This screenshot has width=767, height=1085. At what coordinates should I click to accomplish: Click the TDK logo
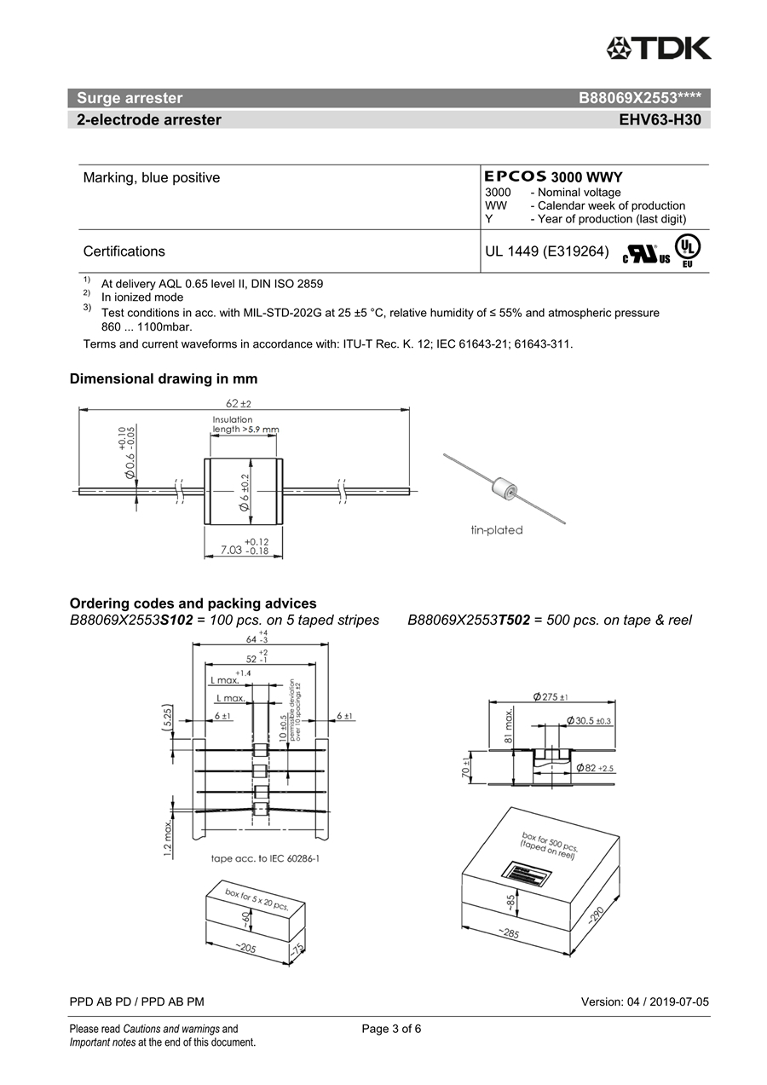click(x=658, y=48)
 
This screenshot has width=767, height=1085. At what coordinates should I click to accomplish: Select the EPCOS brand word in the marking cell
click(x=516, y=176)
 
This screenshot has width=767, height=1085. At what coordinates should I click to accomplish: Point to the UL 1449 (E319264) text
click(x=546, y=251)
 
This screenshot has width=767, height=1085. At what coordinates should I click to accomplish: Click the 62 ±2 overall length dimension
click(x=239, y=403)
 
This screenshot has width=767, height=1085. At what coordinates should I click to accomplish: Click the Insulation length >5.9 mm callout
click(x=245, y=424)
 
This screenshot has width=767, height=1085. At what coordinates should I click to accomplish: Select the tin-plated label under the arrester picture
click(x=497, y=530)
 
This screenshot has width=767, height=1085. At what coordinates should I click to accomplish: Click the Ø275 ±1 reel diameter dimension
click(x=551, y=697)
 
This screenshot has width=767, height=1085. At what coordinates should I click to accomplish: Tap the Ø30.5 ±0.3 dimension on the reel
click(x=589, y=721)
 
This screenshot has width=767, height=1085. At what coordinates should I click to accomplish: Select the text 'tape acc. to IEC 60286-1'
click(x=265, y=857)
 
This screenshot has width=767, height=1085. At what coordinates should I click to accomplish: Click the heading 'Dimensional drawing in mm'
click(x=164, y=378)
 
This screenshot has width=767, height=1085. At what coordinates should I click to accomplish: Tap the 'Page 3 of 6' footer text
click(x=391, y=1029)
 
